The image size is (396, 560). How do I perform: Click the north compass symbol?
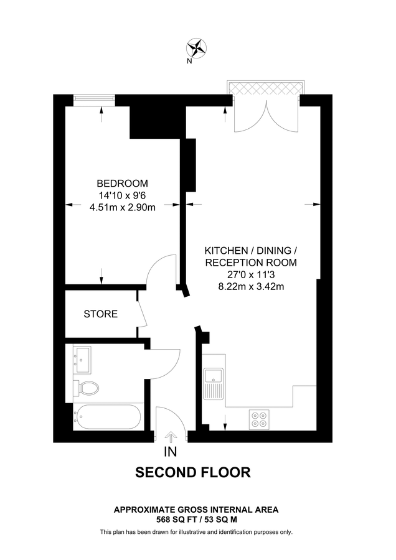coord(198,47)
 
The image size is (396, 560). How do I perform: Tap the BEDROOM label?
coord(122,183)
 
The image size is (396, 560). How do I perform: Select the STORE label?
coord(101,314)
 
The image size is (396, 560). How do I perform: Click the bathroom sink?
coord(83,359)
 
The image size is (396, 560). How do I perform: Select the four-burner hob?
coord(259,418)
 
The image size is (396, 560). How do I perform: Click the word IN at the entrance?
coord(171,452)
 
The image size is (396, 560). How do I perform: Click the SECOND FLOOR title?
coord(193,473)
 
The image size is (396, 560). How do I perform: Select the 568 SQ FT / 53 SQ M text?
coord(196,519)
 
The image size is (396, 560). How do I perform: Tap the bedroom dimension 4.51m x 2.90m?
coord(122,208)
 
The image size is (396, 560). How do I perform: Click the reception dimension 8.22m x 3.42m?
coord(251,287)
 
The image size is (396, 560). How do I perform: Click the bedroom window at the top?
coord(94,97)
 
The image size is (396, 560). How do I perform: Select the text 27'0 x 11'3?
coord(251,274)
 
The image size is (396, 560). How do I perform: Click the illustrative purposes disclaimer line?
coord(196,532)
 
